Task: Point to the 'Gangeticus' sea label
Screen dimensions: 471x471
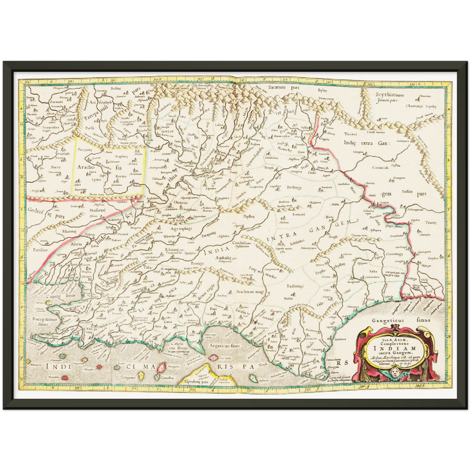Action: pyautogui.click(x=388, y=320)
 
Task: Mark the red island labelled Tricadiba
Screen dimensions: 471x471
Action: pyautogui.click(x=65, y=377)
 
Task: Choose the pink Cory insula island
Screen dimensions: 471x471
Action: pyautogui.click(x=213, y=358)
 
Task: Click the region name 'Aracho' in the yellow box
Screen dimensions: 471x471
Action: pyautogui.click(x=85, y=167)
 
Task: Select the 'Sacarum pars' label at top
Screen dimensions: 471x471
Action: pyautogui.click(x=282, y=87)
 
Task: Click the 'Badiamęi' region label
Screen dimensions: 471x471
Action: pyautogui.click(x=295, y=286)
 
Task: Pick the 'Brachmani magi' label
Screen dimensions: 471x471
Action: pyautogui.click(x=250, y=292)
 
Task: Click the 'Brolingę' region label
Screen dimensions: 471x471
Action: pyautogui.click(x=294, y=188)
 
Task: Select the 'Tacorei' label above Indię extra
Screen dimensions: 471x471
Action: pyautogui.click(x=350, y=134)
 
